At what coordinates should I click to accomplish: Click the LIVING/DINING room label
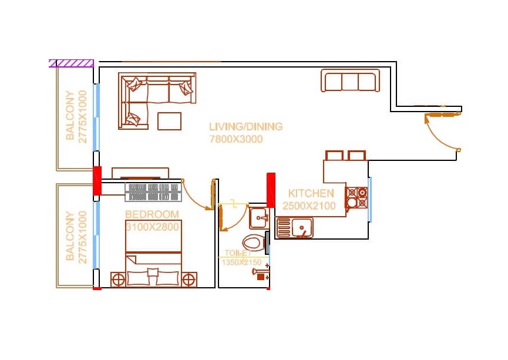click(x=245, y=126)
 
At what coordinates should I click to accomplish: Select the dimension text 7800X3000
click(x=236, y=139)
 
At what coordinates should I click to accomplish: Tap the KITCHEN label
click(x=311, y=193)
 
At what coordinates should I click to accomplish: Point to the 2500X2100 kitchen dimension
click(x=309, y=206)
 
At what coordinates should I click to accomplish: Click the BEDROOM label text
click(x=152, y=214)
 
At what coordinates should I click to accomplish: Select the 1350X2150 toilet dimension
click(x=241, y=263)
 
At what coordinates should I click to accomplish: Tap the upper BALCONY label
click(x=70, y=116)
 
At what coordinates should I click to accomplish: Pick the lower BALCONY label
click(x=70, y=236)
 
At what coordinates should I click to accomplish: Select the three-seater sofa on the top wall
click(x=349, y=80)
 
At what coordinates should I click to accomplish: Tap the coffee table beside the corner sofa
click(x=169, y=121)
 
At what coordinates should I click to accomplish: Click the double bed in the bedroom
click(x=153, y=254)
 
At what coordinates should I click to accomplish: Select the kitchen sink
click(x=296, y=227)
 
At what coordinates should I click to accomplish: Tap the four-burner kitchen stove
click(x=356, y=198)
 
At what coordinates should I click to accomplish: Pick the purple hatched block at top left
click(x=71, y=63)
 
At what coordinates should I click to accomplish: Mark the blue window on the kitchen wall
click(x=369, y=199)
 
